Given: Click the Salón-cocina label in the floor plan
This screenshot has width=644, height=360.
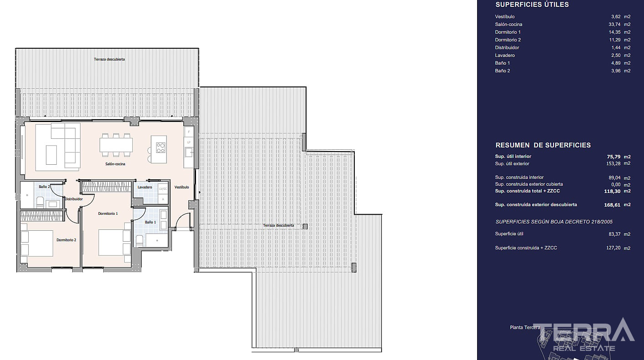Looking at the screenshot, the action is [x=115, y=164].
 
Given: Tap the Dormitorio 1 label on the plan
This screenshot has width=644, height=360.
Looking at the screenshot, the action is [x=108, y=213].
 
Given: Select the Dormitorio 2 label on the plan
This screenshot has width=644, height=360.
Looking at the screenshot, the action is [x=66, y=240].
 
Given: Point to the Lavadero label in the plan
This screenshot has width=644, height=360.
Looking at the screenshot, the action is [x=145, y=187].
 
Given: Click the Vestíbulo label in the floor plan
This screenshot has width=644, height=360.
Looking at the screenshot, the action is [x=182, y=187].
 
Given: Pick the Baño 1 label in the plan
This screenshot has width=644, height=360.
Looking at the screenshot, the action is [x=151, y=222].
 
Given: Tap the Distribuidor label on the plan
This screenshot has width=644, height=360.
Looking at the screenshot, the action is [x=74, y=199].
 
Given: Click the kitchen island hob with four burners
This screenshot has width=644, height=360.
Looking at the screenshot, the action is [x=161, y=148].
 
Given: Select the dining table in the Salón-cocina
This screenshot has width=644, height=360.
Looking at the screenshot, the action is [x=116, y=145].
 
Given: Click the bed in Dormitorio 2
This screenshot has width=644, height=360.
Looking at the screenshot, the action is [x=37, y=243].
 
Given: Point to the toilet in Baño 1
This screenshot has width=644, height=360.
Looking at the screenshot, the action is [x=140, y=241].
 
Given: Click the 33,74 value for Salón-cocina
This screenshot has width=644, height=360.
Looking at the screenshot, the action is [x=614, y=25].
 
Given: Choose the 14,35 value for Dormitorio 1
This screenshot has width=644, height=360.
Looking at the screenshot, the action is [x=614, y=32].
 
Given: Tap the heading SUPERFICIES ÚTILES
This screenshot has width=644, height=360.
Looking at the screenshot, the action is [x=532, y=5].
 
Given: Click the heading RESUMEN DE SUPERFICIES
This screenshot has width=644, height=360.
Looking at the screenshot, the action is [x=543, y=145].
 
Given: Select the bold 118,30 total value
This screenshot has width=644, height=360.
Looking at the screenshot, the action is [x=612, y=191].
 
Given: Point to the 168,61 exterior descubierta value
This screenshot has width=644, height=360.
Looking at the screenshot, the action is [x=612, y=205].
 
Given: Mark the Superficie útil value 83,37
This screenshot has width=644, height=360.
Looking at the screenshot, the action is [x=615, y=234].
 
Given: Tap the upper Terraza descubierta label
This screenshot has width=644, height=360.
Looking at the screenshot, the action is [x=109, y=59].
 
